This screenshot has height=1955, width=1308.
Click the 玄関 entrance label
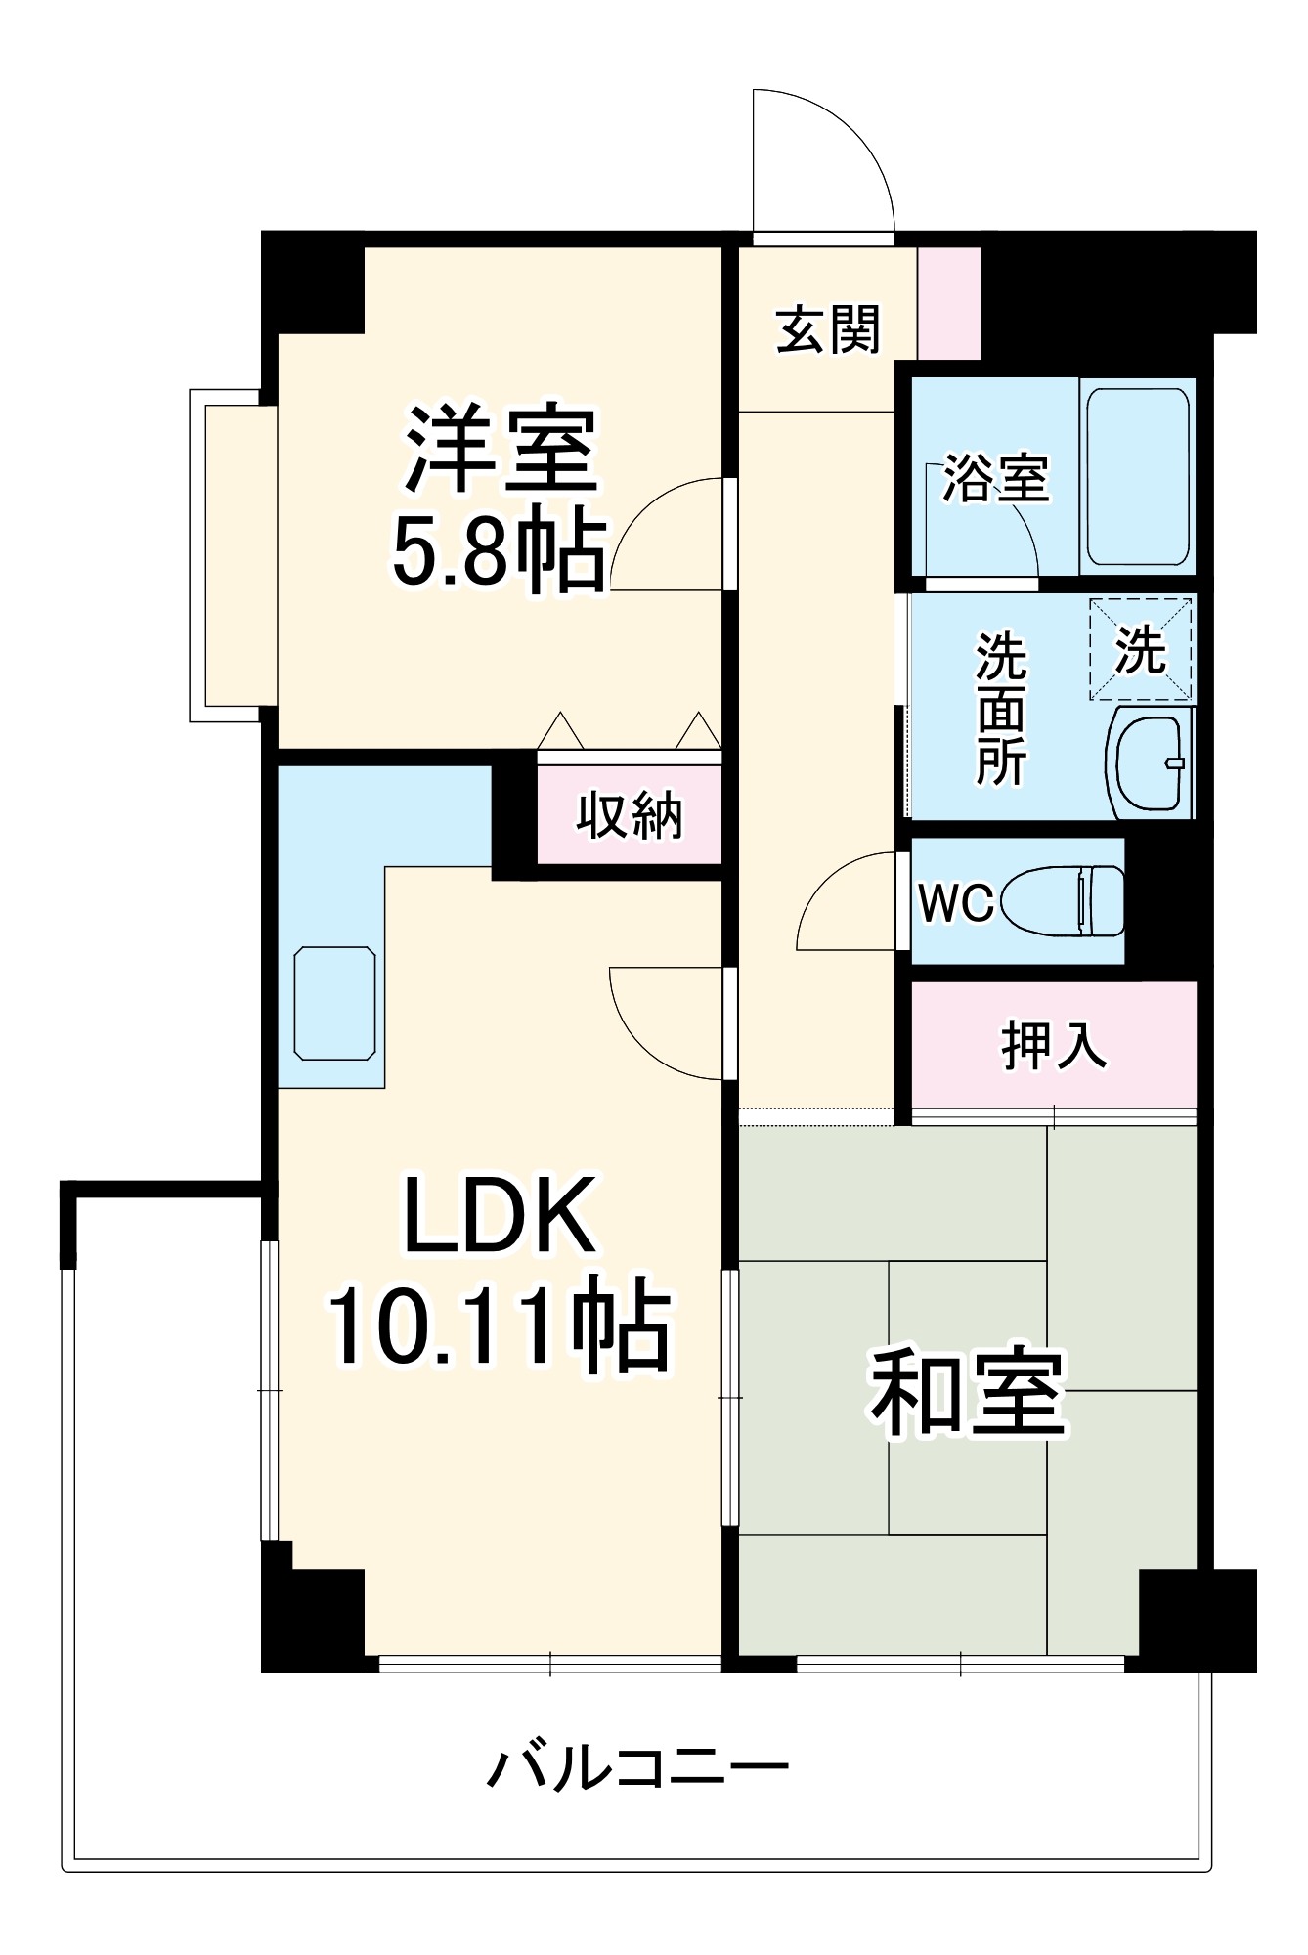coord(828,329)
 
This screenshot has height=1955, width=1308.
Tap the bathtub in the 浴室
coord(1138,477)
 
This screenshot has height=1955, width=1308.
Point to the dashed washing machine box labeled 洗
coord(1141,649)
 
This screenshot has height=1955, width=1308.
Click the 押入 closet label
coord(1054,1046)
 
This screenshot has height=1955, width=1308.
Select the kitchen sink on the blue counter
coord(334,1002)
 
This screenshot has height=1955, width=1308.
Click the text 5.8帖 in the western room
coord(499,552)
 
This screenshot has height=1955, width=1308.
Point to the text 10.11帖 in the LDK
coord(499,1327)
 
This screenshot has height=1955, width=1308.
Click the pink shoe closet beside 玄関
coord(948,302)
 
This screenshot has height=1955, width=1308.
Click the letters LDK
coord(499,1217)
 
